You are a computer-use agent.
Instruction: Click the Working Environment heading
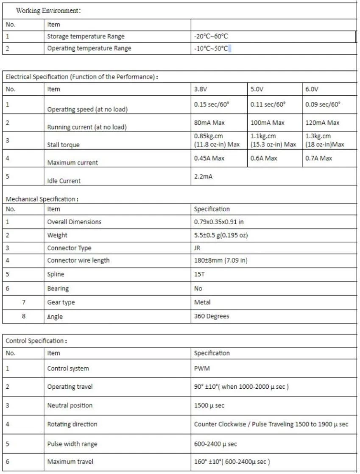[48, 11]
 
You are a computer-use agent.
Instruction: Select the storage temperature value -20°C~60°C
[211, 36]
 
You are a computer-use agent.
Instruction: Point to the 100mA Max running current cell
[267, 123]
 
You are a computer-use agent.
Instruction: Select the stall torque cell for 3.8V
[217, 141]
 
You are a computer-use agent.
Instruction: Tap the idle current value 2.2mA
[203, 176]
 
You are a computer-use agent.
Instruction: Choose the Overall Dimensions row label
[74, 222]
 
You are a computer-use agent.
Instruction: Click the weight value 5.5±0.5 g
[220, 235]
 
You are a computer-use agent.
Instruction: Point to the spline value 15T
[199, 274]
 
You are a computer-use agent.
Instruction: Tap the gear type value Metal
[202, 302]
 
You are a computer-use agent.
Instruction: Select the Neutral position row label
[70, 405]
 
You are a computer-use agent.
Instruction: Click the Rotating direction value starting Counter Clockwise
[271, 424]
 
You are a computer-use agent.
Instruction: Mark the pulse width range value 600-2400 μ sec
[215, 444]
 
